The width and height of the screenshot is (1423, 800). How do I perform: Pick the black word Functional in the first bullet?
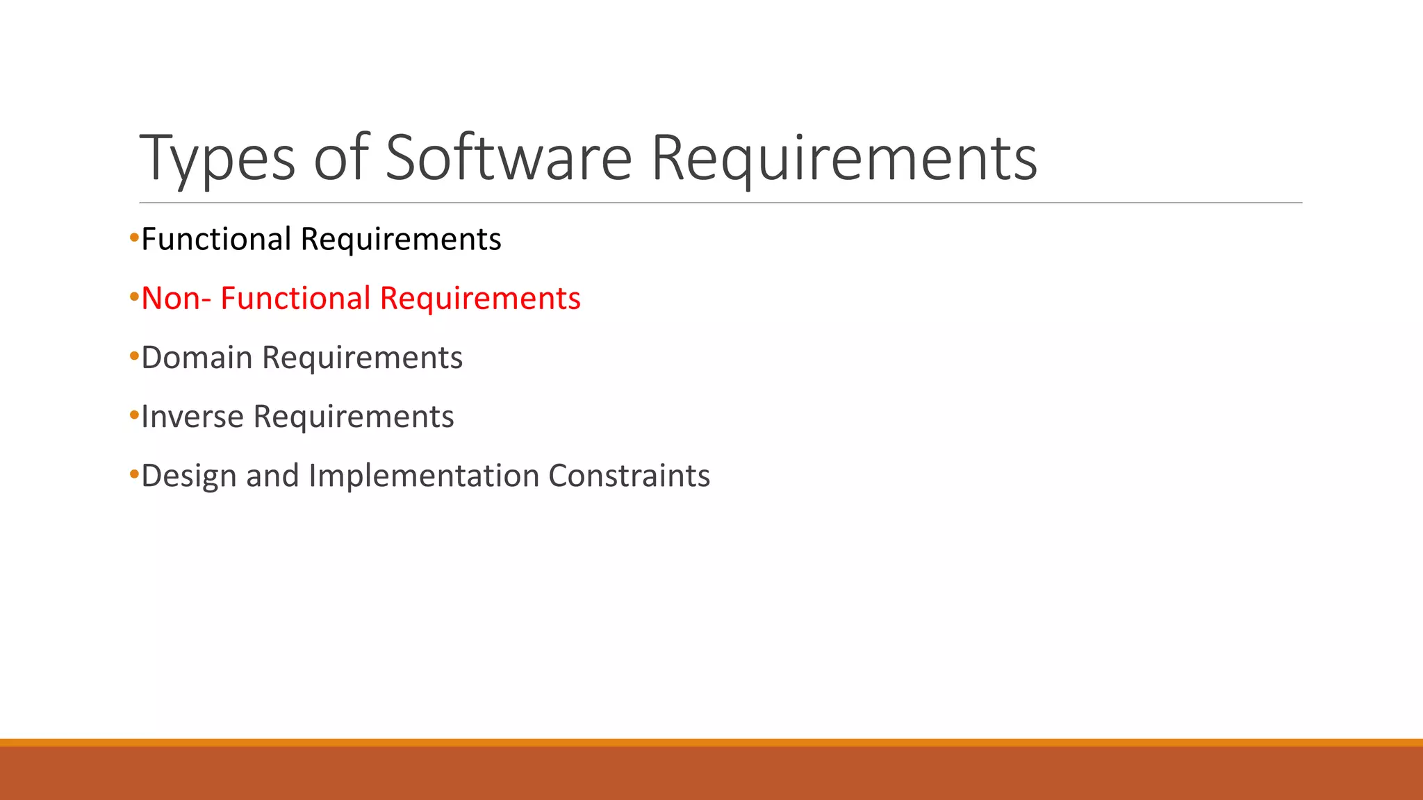216,240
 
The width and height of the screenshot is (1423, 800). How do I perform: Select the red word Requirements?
480,299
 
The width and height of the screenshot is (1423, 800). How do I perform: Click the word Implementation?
424,476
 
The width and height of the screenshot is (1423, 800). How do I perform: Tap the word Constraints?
629,476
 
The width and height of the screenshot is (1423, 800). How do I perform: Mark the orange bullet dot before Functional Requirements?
134,238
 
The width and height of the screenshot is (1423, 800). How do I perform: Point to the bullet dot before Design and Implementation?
134,475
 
